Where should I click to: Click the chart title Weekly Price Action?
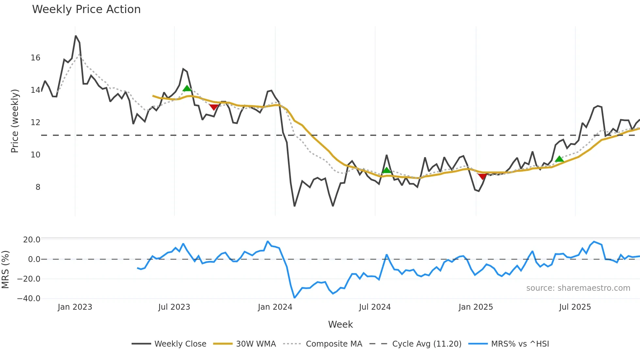point(86,9)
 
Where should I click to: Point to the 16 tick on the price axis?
point(36,58)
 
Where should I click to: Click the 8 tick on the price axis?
point(38,187)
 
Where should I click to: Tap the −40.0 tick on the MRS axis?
point(29,299)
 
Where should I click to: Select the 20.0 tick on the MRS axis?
point(32,240)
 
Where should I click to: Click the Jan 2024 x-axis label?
point(275,307)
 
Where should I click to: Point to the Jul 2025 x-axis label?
point(575,307)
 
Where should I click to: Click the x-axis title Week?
point(340,324)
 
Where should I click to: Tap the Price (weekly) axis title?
point(15,121)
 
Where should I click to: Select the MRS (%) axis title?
point(5,270)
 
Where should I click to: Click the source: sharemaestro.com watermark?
point(578,288)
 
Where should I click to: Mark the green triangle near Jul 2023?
point(187,89)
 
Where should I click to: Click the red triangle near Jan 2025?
point(482,177)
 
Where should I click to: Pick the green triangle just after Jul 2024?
point(386,170)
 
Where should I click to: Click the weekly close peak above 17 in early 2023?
point(76,36)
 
